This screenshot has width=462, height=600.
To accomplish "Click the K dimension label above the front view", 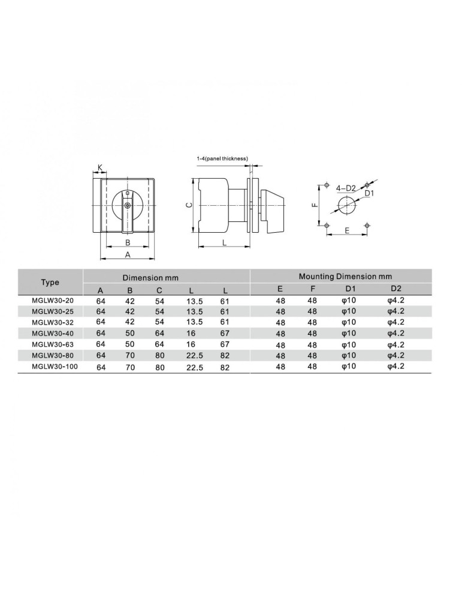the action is tap(100, 167).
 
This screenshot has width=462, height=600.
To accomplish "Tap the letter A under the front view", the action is tap(128, 254).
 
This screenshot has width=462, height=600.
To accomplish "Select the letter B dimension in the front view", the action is tap(128, 242).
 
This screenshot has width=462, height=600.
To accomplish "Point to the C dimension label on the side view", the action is tap(188, 205).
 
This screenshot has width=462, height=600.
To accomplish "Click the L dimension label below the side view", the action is tap(225, 242).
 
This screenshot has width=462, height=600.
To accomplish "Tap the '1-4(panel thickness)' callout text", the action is tap(222, 158).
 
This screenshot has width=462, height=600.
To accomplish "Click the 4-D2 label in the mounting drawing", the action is tap(346, 188).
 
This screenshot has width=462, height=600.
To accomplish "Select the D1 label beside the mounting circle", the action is tap(369, 194).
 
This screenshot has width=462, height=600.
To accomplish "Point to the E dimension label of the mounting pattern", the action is tap(347, 230).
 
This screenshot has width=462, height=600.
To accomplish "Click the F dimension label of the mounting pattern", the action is tap(315, 205).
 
